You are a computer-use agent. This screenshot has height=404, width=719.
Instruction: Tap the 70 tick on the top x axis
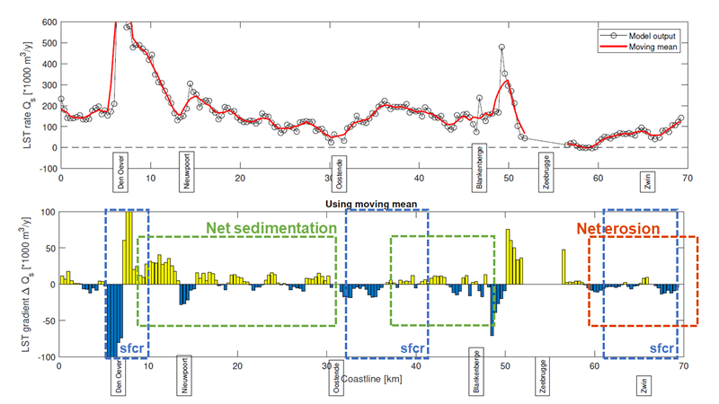pos(684,180)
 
